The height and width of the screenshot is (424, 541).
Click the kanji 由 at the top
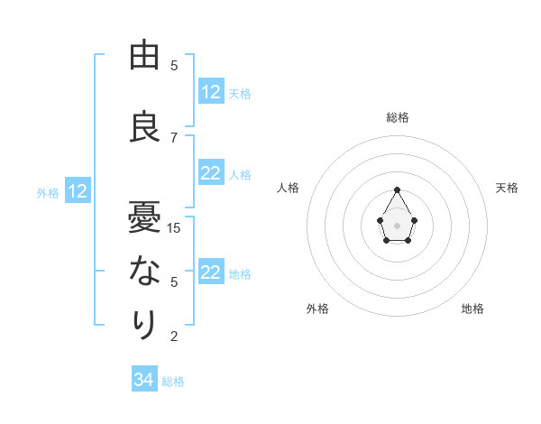click(x=144, y=56)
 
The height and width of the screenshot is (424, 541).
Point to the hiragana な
click(x=144, y=271)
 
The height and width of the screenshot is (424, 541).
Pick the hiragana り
click(x=144, y=323)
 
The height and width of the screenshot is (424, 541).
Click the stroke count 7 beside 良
click(x=174, y=137)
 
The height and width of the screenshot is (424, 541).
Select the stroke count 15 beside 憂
click(x=174, y=227)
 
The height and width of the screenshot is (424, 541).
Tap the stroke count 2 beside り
click(x=174, y=336)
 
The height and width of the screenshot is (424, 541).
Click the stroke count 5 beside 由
click(x=174, y=66)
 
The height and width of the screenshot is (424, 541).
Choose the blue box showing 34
click(x=144, y=381)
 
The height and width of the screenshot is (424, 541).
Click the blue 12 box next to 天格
click(x=211, y=92)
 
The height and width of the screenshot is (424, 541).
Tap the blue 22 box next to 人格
click(x=211, y=174)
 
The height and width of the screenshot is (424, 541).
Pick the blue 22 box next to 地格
click(x=211, y=273)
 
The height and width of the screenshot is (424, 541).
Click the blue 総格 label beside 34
click(x=173, y=382)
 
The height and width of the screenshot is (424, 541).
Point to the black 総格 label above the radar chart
click(x=397, y=117)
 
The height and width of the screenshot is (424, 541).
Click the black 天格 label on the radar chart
click(x=507, y=188)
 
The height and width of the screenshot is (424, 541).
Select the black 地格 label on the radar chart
click(x=472, y=309)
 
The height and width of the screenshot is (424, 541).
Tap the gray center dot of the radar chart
click(x=397, y=224)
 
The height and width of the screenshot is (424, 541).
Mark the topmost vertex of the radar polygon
click(x=397, y=189)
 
